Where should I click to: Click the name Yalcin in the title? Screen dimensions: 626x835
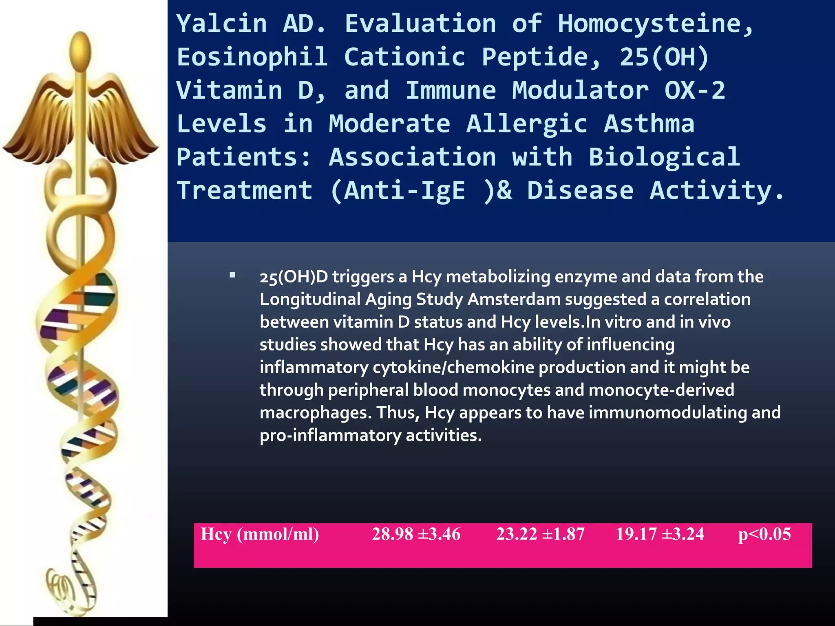pos(222,24)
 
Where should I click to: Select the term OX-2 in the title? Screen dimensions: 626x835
pos(695,90)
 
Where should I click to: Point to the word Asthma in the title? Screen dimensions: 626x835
pos(649,124)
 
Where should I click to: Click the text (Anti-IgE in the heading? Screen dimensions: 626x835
pos(398,191)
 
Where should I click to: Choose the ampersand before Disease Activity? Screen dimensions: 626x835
pos(504,191)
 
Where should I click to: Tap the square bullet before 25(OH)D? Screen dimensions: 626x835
pos(232,276)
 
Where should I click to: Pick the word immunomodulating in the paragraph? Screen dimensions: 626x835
pos(668,413)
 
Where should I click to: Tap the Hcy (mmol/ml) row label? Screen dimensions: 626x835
pos(260,534)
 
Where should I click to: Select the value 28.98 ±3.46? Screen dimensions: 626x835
pos(416,534)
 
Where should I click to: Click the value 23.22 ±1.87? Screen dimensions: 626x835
pos(540,534)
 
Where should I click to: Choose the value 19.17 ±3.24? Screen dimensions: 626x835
pos(660,534)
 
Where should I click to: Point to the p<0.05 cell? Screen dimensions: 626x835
pos(764,534)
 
